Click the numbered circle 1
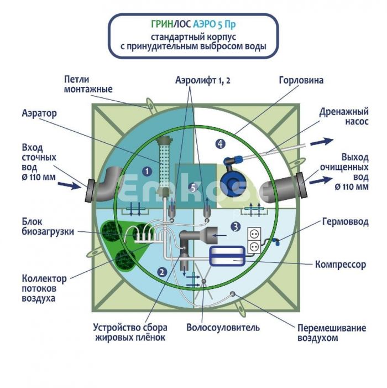tap(147, 172)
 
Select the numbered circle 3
tap(235, 226)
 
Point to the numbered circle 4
tap(221, 144)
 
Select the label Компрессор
tap(340, 265)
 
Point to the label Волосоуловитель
tap(223, 327)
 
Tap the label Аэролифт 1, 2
tap(202, 80)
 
